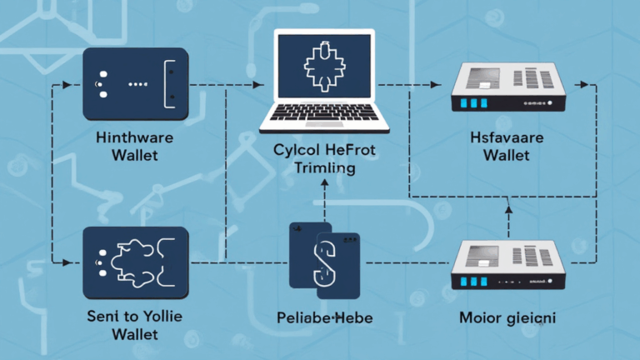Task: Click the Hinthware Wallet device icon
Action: click(137, 84)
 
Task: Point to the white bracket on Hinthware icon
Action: click(170, 84)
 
